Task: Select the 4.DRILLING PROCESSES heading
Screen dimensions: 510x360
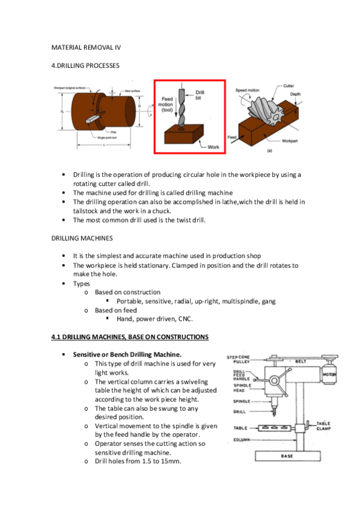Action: coord(85,65)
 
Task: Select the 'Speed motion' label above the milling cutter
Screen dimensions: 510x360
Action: coord(247,90)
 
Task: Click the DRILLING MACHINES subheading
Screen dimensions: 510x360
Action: coord(82,238)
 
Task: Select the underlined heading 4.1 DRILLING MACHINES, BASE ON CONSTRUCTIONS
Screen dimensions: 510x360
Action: coord(130,337)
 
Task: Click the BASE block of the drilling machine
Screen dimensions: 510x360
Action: coord(287,456)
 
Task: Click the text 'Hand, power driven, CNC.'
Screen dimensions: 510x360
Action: coord(154,319)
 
